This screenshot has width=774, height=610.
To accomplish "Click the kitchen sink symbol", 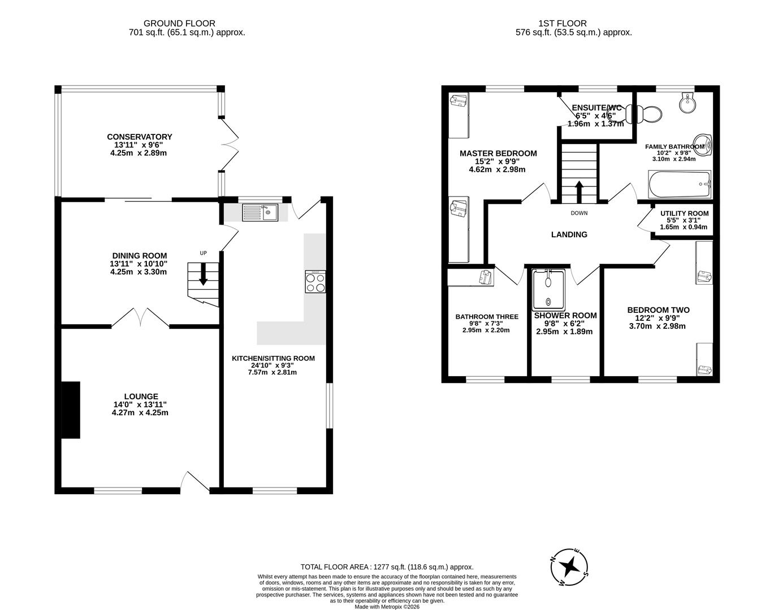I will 260,212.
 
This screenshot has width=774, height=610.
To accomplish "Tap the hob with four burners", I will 315,281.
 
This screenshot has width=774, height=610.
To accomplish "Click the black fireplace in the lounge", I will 71,409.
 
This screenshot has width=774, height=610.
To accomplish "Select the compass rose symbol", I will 570,565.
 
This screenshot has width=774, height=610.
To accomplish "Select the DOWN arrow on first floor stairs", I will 579,189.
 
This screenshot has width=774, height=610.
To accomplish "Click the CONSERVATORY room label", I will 139,137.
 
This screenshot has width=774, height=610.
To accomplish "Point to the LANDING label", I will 569,234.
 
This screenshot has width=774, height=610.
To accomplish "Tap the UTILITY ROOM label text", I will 684,213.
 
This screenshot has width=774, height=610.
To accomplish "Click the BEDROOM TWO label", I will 658,310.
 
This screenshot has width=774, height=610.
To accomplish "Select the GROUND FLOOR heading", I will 179,23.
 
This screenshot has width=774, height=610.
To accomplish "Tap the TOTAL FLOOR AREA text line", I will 387,567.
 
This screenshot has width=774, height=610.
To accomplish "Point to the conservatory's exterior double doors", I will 230,144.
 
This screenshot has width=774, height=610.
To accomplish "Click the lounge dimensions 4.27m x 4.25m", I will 140,412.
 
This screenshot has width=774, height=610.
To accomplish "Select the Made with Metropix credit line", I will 387,607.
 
